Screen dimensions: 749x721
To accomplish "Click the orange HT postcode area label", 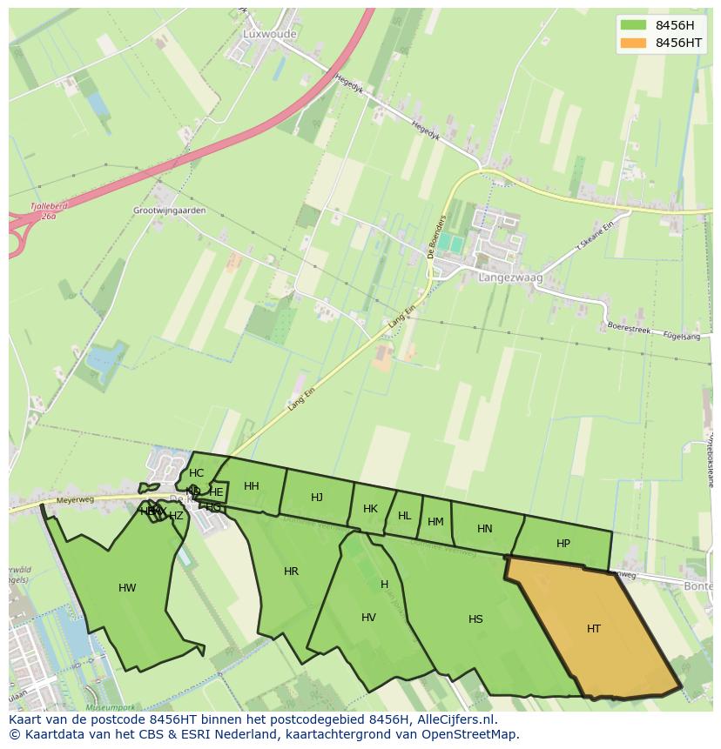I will pos(593,629).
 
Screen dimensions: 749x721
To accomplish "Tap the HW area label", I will pos(127,588).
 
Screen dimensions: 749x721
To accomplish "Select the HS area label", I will pos(475,619).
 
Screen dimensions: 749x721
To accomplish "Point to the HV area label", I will pos(368,618).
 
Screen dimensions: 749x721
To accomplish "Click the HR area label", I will pos(291,572).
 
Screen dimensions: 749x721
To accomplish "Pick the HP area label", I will pos(563,544).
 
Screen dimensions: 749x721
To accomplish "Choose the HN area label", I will pos(485,529).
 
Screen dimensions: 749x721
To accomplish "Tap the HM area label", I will pos(435,522).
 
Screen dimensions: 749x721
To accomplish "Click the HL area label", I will pos(404,516).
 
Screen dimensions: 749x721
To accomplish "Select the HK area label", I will pos(370,509).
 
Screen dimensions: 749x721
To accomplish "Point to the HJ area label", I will pos(317,498).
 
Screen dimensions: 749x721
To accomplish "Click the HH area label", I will pos(252,486).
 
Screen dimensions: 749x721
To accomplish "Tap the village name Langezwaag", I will pos(510,278).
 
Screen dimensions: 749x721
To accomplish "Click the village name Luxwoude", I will pos(270,35).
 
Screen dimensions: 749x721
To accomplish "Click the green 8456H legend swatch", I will pos(633,24).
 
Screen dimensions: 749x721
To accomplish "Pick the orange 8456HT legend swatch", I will pos(633,43).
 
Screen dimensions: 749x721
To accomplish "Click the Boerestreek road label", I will pos(629,330).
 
